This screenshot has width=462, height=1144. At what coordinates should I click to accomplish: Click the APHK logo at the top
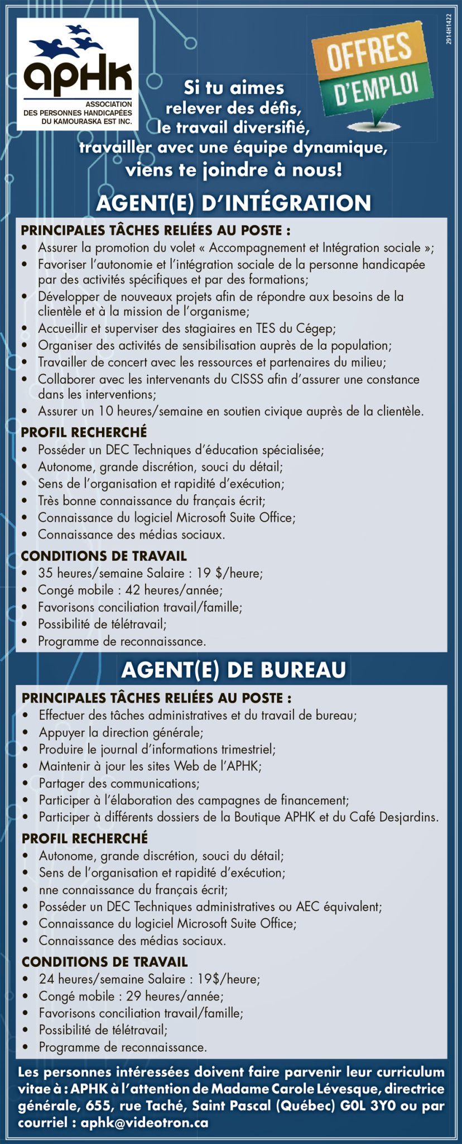click(78, 74)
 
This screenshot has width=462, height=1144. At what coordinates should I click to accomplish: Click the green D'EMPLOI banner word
click(377, 89)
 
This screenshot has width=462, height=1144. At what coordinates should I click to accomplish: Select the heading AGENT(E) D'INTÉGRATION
click(233, 203)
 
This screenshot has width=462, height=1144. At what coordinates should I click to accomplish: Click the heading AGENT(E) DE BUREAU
click(233, 669)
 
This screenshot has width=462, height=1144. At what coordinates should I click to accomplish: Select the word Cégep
click(315, 328)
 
